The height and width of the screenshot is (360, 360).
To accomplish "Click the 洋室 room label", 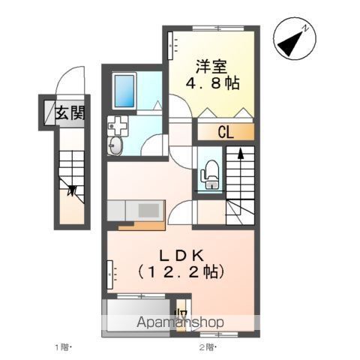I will click(x=214, y=66).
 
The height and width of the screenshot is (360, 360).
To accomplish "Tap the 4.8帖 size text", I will click(x=214, y=83).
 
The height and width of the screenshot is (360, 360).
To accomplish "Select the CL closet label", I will click(x=226, y=133).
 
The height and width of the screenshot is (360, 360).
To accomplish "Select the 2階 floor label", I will click(x=207, y=347).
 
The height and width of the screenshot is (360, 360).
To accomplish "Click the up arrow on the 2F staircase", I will click(x=241, y=154).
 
